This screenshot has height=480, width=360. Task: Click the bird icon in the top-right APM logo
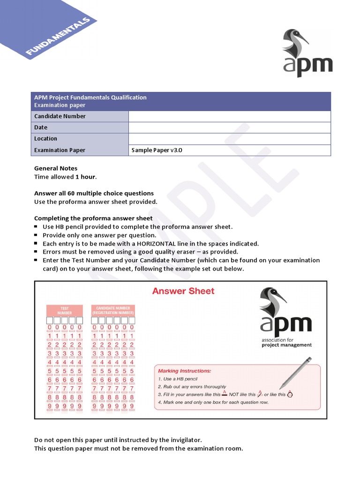(x=295, y=43)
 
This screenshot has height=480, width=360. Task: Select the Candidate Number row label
(x=60, y=116)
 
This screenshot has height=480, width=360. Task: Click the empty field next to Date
(x=229, y=127)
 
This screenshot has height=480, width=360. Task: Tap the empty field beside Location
(x=229, y=139)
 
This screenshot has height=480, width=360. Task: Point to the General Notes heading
(x=56, y=168)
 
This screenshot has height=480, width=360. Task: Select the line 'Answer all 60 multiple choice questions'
(x=94, y=193)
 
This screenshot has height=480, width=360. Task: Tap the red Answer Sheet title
(x=183, y=291)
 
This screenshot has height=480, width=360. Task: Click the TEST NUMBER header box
(x=64, y=310)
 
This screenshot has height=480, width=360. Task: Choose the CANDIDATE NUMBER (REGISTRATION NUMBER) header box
(x=113, y=310)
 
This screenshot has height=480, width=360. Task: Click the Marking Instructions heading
(x=184, y=371)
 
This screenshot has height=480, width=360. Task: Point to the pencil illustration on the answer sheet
(x=295, y=372)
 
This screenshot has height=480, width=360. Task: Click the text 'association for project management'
(x=286, y=342)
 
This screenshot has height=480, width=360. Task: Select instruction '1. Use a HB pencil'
(x=178, y=379)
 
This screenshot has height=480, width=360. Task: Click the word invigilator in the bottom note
(x=184, y=440)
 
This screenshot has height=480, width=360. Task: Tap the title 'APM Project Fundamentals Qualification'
(x=90, y=97)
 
